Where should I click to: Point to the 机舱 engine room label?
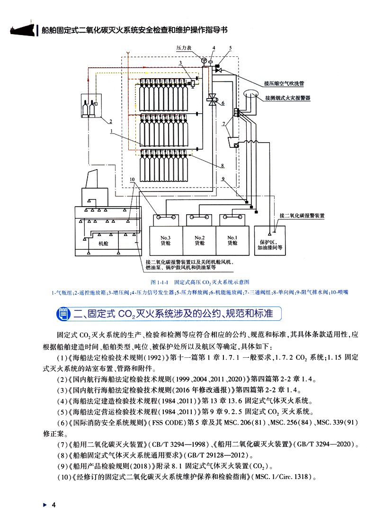(104, 243)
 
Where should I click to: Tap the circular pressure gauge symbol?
(204, 60)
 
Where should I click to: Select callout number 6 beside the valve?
(223, 103)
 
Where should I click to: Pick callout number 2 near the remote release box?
(110, 120)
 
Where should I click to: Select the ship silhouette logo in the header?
(19, 29)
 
